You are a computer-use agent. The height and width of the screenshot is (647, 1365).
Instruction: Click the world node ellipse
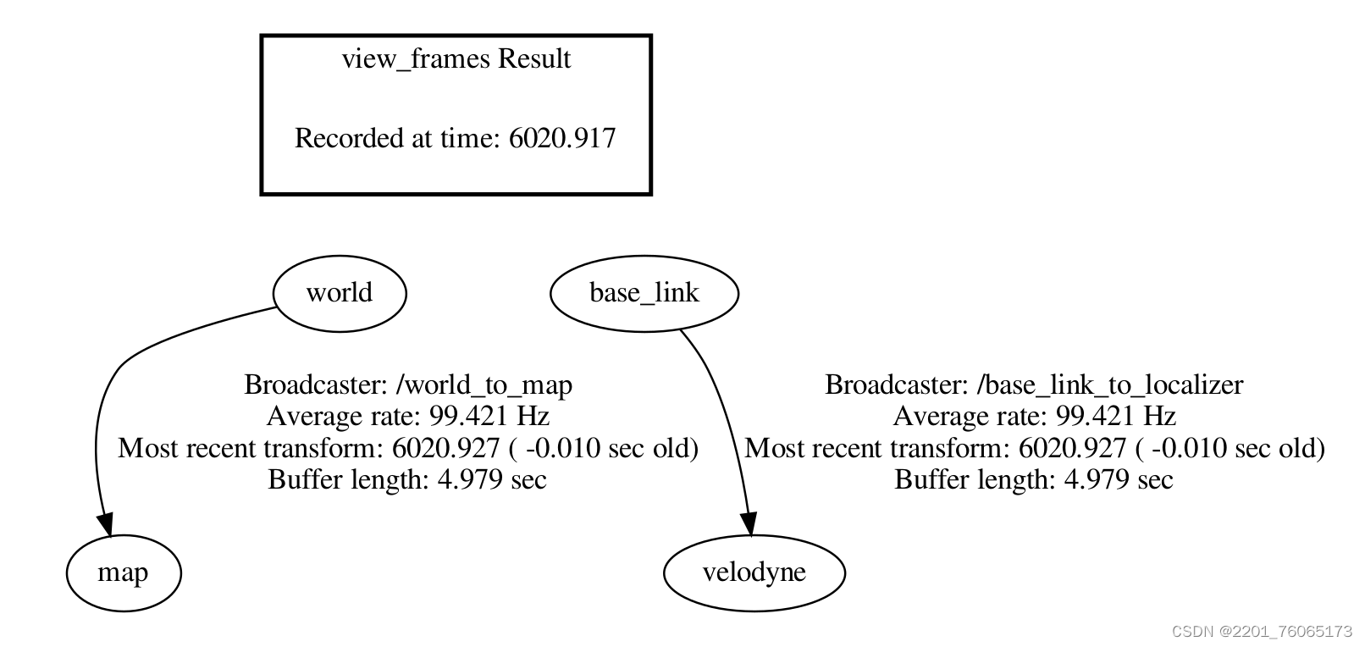pyautogui.click(x=340, y=293)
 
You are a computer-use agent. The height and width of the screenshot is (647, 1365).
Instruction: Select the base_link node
pyautogui.click(x=644, y=293)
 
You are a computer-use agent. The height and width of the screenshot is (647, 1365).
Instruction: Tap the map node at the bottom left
pyautogui.click(x=124, y=573)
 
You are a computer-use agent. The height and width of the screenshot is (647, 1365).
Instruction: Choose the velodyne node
pyautogui.click(x=754, y=573)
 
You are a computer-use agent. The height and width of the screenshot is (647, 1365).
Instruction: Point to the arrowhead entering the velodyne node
pyautogui.click(x=749, y=524)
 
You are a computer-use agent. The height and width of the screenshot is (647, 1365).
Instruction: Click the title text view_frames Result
pyautogui.click(x=456, y=59)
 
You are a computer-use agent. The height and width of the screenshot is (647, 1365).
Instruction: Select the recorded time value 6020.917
pyautogui.click(x=561, y=138)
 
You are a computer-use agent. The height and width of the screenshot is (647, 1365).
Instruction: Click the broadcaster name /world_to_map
pyautogui.click(x=484, y=385)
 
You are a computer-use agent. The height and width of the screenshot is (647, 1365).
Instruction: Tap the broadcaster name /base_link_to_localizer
pyautogui.click(x=1109, y=385)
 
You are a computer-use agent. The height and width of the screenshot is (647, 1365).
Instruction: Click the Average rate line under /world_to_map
pyautogui.click(x=407, y=417)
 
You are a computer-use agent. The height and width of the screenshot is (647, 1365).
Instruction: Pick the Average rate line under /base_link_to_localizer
pyautogui.click(x=1034, y=417)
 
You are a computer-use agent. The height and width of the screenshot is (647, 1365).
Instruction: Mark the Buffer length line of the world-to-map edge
pyautogui.click(x=407, y=480)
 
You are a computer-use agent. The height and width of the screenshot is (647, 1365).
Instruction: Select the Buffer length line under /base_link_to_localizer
pyautogui.click(x=1034, y=480)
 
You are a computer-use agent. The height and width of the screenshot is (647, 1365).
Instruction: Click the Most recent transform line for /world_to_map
pyautogui.click(x=407, y=448)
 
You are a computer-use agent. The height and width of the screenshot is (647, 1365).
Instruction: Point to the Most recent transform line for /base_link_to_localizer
pyautogui.click(x=1034, y=448)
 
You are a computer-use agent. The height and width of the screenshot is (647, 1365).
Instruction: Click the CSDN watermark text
pyautogui.click(x=1262, y=632)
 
